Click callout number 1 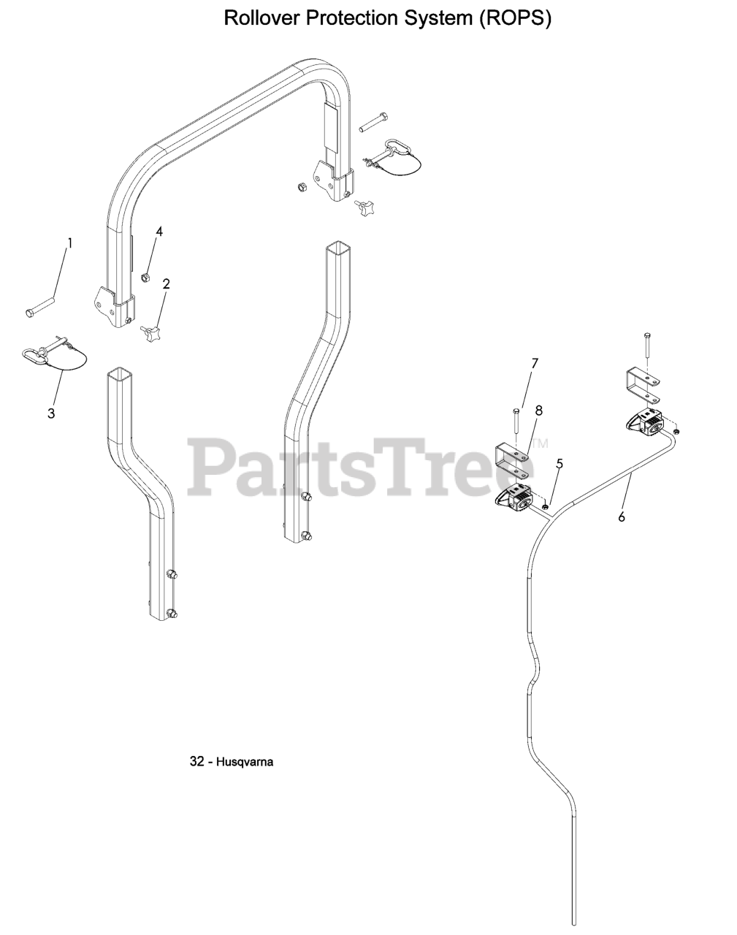(70, 243)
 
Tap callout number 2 (166, 284)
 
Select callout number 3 (51, 413)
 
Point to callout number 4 (159, 232)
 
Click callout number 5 (560, 463)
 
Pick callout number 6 (621, 517)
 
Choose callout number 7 (535, 363)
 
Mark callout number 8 (539, 411)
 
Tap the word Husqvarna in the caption (245, 762)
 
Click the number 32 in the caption (196, 762)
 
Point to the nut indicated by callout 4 (145, 278)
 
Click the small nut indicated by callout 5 (546, 505)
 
